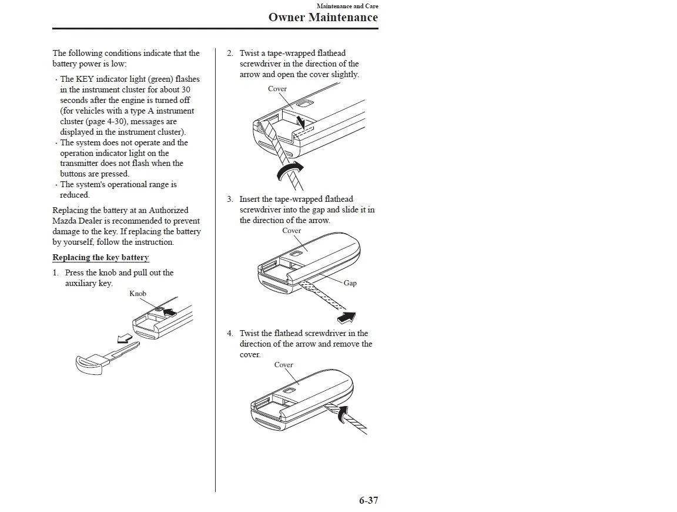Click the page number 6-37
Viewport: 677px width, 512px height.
[x=368, y=501]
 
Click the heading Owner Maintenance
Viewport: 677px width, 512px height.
[x=323, y=17]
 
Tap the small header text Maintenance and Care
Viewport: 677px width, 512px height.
[x=347, y=6]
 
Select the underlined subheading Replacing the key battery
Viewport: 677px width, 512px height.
[x=100, y=258]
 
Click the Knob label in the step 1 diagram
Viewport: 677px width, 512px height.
[x=138, y=294]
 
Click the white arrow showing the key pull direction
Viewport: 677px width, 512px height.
[x=125, y=338]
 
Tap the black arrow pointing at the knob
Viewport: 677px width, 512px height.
[x=170, y=312]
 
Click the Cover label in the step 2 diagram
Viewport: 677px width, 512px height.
[x=277, y=89]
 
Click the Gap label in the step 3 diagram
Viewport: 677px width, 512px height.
[x=350, y=283]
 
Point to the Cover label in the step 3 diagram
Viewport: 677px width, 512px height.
[x=291, y=231]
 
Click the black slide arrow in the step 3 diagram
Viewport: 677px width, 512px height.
[x=347, y=318]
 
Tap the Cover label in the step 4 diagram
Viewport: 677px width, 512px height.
[x=283, y=365]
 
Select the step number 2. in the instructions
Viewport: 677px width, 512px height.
[x=230, y=54]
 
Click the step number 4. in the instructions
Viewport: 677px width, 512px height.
[x=230, y=334]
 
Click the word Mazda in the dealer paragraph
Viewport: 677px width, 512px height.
[x=64, y=221]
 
